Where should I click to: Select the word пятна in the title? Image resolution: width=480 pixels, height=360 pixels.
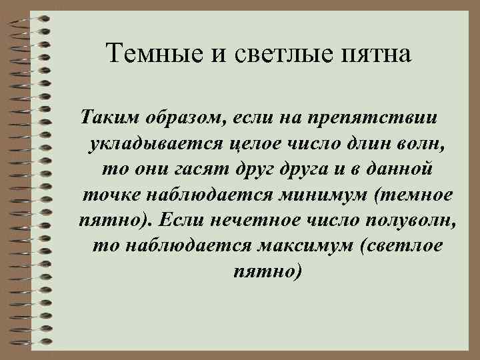click(378, 51)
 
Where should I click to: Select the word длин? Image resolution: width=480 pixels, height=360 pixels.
click(366, 144)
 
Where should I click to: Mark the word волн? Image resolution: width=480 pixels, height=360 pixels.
click(423, 144)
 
